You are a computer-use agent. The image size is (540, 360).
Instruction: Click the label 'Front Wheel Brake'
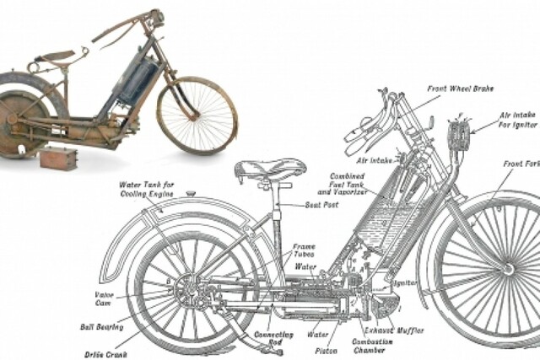[461, 88]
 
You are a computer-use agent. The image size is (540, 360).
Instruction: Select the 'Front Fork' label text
[521, 164]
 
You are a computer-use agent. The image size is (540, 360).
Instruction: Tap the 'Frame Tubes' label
[304, 250]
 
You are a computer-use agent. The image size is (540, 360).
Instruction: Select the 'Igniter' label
[405, 282]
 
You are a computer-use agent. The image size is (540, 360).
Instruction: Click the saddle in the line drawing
[270, 169]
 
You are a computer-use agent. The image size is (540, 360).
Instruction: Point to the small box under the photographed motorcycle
[58, 158]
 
